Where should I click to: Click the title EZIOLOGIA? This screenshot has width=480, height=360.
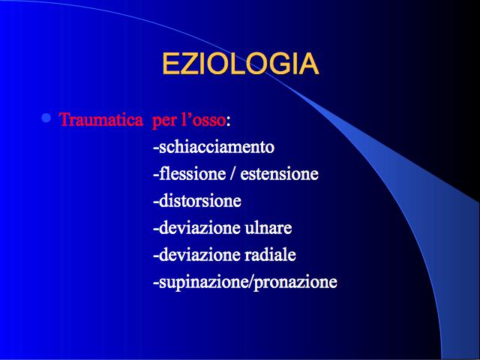[x=240, y=64]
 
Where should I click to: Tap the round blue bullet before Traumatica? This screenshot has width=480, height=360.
[x=46, y=118]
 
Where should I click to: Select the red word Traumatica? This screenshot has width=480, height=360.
[x=101, y=119]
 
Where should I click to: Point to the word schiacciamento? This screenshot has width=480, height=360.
[x=217, y=147]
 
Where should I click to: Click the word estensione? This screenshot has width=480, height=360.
[x=279, y=174]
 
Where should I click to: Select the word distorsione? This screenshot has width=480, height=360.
[x=200, y=201]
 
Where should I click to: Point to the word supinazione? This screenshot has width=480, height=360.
[x=205, y=282]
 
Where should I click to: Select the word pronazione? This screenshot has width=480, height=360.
[x=295, y=282]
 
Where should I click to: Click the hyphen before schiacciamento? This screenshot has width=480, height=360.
[x=156, y=149]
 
